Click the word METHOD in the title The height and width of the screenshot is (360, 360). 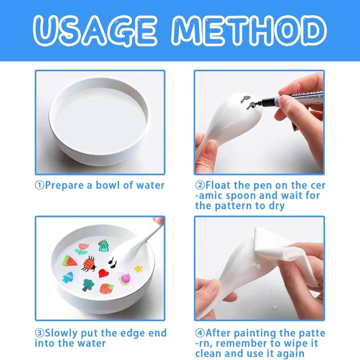pyautogui.click(x=249, y=31)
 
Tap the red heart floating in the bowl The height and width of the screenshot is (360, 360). pyautogui.click(x=103, y=273)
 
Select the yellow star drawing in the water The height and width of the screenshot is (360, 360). pyautogui.click(x=138, y=268)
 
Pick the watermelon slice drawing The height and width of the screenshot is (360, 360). pyautogui.click(x=70, y=261)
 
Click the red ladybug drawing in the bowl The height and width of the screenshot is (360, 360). pyautogui.click(x=89, y=264)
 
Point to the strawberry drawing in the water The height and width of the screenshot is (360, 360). pyautogui.click(x=107, y=288)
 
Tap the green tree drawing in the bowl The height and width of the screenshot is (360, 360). pyautogui.click(x=88, y=285)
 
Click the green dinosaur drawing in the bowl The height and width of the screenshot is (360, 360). pyautogui.click(x=103, y=246)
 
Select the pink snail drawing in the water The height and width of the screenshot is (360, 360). pyautogui.click(x=125, y=279)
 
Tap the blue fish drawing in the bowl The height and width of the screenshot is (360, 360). pyautogui.click(x=68, y=277)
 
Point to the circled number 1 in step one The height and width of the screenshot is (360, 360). pyautogui.click(x=39, y=185)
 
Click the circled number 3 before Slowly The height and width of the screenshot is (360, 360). pyautogui.click(x=39, y=333)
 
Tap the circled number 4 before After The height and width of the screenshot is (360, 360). pyautogui.click(x=200, y=333)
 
